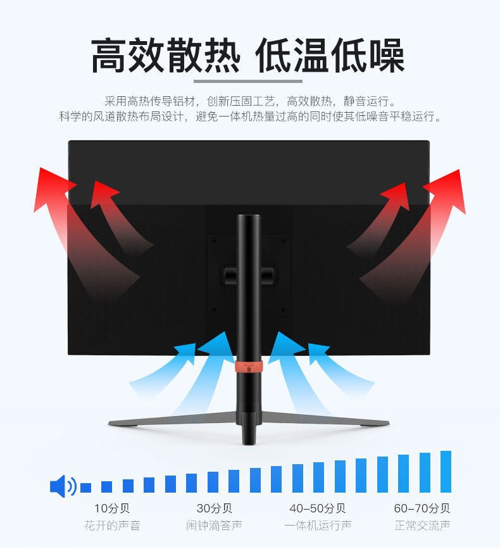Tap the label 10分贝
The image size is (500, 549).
pyautogui.click(x=111, y=508)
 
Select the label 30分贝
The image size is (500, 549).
pyautogui.click(x=214, y=508)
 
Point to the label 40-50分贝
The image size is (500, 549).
pyautogui.click(x=317, y=508)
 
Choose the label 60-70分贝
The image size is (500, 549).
pyautogui.click(x=422, y=508)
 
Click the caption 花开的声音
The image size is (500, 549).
pyautogui.click(x=111, y=526)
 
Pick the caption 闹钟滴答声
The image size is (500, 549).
pyautogui.click(x=214, y=526)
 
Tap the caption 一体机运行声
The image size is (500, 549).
pyautogui.click(x=317, y=526)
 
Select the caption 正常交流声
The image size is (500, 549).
pyautogui.click(x=422, y=526)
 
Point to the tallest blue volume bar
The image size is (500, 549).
pyautogui.click(x=446, y=471)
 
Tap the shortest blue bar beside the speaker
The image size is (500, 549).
pyautogui.click(x=85, y=488)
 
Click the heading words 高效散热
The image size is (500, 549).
pyautogui.click(x=166, y=56)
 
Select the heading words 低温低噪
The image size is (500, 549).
pyautogui.click(x=330, y=56)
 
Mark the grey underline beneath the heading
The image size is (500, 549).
pyautogui.click(x=247, y=81)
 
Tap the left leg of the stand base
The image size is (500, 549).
pyautogui.click(x=171, y=419)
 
